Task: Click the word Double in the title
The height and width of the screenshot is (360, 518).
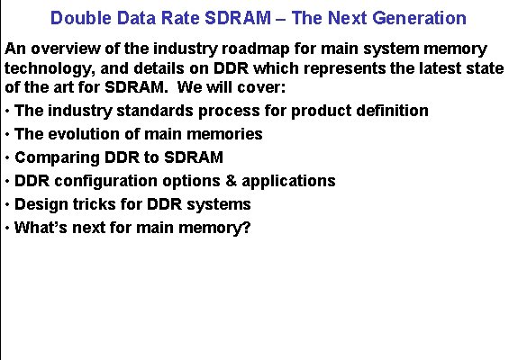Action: [77, 18]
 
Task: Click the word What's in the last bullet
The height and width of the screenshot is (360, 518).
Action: [41, 228]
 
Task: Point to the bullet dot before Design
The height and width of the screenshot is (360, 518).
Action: [7, 204]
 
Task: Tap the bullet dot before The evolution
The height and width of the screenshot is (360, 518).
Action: [7, 134]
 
